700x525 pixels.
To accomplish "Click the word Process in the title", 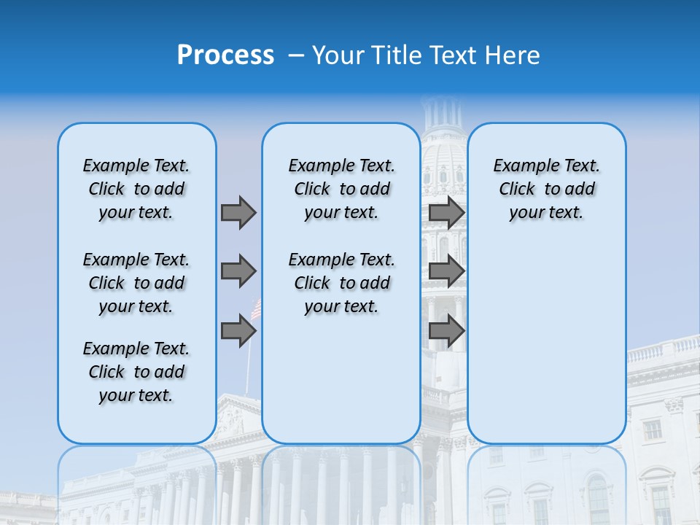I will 225,55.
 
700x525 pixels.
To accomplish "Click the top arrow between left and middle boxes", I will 238,212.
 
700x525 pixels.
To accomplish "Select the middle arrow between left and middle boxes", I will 238,271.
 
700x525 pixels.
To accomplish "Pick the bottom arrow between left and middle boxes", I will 238,330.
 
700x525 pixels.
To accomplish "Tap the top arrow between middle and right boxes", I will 446,212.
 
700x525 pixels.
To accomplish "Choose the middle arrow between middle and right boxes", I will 446,271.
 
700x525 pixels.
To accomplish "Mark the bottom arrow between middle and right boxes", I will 446,330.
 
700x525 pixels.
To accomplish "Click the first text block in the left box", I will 136,189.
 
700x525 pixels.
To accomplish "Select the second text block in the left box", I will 136,283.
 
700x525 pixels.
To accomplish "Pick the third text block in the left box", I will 136,372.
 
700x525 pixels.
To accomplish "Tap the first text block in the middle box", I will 341,189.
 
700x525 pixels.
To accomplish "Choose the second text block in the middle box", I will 341,283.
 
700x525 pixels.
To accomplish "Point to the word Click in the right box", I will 517,190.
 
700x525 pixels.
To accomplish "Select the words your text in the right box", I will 546,213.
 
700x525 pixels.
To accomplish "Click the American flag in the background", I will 256,309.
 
